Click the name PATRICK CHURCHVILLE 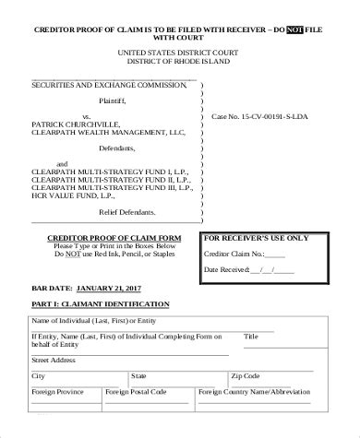78,127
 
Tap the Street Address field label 54,360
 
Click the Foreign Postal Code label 135,392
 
